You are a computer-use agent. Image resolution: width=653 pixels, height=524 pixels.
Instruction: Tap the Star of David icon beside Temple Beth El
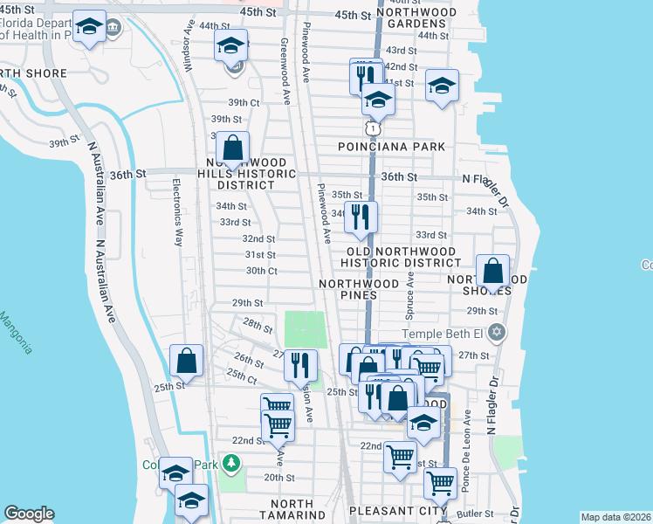(x=497, y=333)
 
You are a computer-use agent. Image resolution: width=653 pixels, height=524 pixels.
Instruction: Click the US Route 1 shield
(x=374, y=128)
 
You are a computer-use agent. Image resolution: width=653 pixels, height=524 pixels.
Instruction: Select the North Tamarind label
(x=292, y=510)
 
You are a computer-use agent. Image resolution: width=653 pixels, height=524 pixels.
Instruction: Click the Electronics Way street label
(x=176, y=212)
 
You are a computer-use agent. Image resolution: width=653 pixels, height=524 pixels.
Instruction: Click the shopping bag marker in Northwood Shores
(x=493, y=272)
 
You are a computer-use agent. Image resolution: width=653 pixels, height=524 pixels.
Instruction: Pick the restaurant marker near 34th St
(x=361, y=217)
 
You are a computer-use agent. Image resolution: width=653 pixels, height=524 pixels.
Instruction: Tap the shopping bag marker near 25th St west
(x=187, y=359)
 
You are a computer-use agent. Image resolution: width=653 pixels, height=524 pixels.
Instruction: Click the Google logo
(x=29, y=514)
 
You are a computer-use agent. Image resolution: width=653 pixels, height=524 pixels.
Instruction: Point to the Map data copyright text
(x=615, y=517)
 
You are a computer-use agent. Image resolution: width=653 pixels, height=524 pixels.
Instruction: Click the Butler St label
(x=478, y=514)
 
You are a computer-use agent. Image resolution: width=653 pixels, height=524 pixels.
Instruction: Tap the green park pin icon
(x=231, y=462)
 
